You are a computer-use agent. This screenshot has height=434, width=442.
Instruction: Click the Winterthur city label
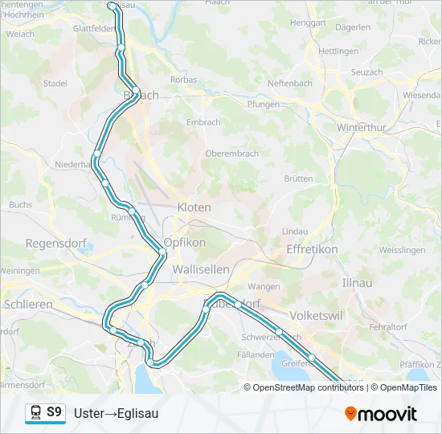pos(362,128)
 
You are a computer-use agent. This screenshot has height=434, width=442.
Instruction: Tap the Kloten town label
pos(194,207)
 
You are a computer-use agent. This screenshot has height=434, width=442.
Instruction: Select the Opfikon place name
pos(185,242)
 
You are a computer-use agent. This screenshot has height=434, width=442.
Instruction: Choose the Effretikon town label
pos(312,250)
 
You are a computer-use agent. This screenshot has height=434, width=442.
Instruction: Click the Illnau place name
pos(358,284)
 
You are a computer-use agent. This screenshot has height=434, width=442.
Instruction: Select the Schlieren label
pos(28,305)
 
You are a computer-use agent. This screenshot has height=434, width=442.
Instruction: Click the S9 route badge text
pos(54,412)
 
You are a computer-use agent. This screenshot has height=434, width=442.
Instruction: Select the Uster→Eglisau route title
pos(116,413)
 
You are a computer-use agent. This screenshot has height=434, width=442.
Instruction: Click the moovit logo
pos(381,414)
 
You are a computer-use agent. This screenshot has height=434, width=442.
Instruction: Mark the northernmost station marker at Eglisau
pos(111,6)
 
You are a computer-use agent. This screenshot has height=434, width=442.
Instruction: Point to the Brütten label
pos(297,179)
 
